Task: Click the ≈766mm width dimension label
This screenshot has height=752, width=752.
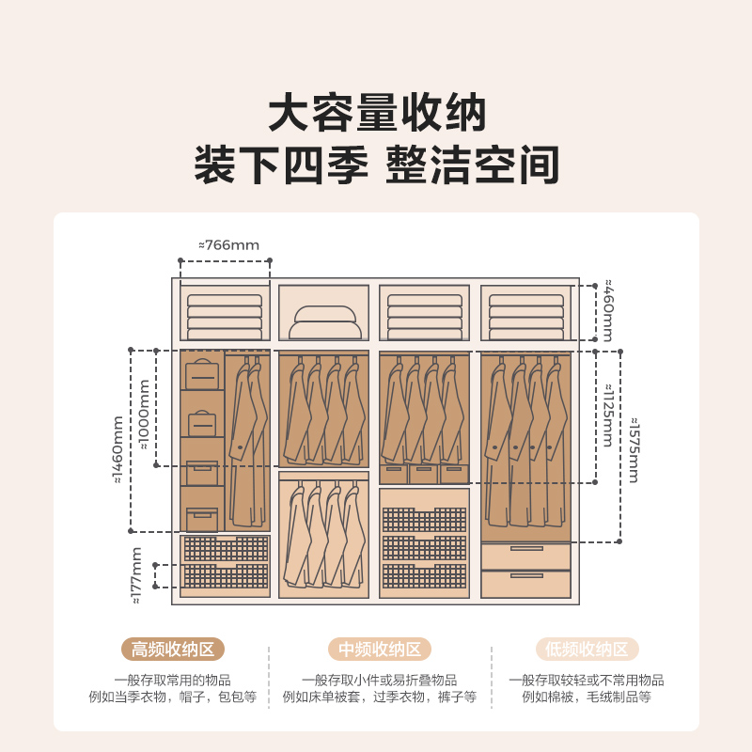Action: pos(228,245)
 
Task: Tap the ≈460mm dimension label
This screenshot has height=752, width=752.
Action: pos(607,310)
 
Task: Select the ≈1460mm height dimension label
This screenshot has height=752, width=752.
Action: pos(117,449)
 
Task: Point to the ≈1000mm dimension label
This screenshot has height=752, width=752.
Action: pos(144,415)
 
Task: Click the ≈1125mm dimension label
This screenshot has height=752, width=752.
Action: pos(607,414)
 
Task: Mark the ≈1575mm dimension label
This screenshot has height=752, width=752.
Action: pos(633,449)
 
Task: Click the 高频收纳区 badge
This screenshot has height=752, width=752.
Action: pos(173,650)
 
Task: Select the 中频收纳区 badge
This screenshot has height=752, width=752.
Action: pos(379,650)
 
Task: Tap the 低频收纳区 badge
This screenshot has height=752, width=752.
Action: pos(587,650)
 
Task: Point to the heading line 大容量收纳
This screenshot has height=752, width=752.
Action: pos(376,115)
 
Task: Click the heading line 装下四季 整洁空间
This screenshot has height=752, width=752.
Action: pos(376,165)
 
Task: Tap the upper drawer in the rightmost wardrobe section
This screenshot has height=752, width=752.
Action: pos(526,556)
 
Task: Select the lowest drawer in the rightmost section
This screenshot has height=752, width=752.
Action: pos(526,584)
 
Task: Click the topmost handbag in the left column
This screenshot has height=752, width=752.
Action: pos(202,374)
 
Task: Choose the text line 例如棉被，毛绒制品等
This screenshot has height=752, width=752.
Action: pos(587,697)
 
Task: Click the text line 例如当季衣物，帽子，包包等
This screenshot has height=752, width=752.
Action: pos(173,697)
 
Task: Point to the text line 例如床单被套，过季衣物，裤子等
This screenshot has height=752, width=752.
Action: pos(379,697)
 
